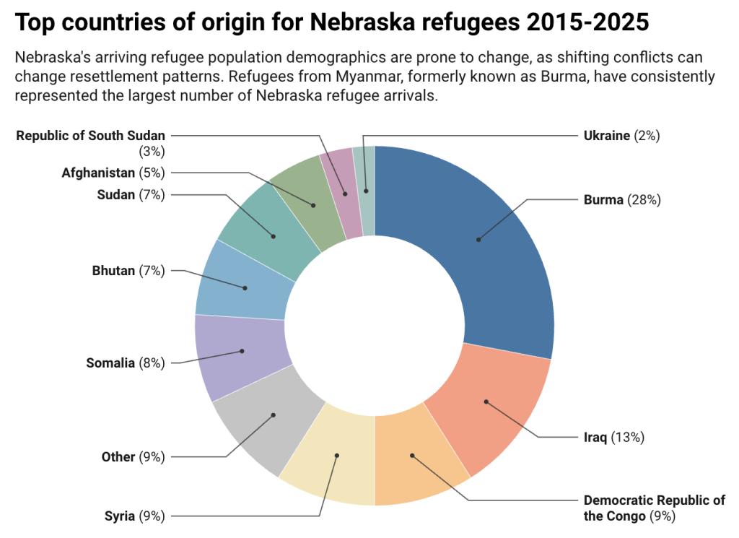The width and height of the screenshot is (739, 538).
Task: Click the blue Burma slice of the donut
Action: (x=491, y=246)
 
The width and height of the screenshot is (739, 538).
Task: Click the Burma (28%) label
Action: (x=621, y=200)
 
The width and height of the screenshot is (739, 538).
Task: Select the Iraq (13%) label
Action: (x=613, y=437)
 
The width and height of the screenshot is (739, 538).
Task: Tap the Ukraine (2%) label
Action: (x=621, y=135)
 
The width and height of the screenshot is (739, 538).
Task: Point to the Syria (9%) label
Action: (x=134, y=516)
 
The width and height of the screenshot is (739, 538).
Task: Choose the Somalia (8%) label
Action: (x=125, y=363)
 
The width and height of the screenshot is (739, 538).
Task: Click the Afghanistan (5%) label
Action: (x=113, y=173)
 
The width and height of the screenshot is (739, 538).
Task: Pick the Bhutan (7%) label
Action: (x=128, y=271)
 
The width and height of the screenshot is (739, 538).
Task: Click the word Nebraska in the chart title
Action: (x=361, y=22)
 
